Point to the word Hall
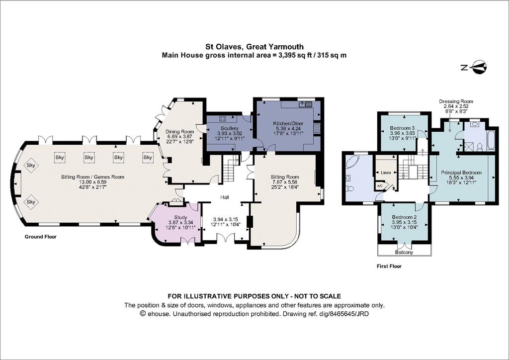coord(225,197)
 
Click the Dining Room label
coord(179,131)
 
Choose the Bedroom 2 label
coord(404,217)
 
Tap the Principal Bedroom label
coord(461,173)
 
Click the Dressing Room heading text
coord(456,101)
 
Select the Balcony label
coord(404,252)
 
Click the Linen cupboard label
coord(386,173)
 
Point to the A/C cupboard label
coord(379,186)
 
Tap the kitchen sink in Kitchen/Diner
coord(306,104)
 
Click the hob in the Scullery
coord(223,118)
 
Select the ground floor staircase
coord(231,168)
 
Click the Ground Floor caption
coord(41,237)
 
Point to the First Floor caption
coord(389,266)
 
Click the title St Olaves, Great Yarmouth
coord(254,47)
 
